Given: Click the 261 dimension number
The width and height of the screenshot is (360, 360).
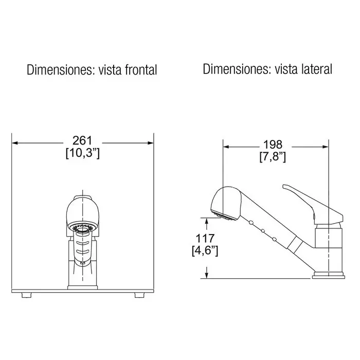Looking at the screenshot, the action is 82,140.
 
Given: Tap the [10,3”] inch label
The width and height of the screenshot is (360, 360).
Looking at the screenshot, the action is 83,153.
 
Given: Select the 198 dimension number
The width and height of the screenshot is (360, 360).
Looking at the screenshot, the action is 273,145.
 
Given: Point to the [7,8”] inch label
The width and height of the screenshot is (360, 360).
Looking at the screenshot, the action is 273,157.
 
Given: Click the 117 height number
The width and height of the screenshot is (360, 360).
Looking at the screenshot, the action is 205,238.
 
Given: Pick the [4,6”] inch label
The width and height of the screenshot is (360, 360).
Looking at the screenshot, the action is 205,250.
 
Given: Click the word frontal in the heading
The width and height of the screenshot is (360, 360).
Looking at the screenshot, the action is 141,70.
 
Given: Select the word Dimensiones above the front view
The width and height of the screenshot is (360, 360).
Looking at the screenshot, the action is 61,70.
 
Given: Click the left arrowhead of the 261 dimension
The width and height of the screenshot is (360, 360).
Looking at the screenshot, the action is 15,143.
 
